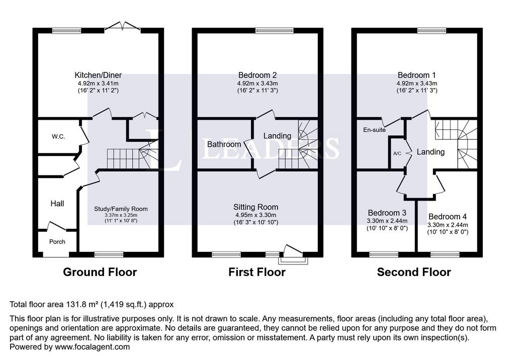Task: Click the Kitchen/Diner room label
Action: (x=98, y=75)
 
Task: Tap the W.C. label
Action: (x=58, y=137)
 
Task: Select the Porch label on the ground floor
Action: (x=57, y=242)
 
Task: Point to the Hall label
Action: (x=57, y=204)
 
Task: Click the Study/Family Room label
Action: (x=121, y=209)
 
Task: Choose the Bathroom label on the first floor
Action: (x=224, y=144)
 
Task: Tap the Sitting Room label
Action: (x=256, y=207)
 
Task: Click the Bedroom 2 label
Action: (x=257, y=75)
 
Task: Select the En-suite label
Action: (x=374, y=130)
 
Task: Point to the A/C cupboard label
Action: (x=397, y=153)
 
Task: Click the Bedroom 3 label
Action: (x=387, y=213)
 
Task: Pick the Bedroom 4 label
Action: (x=447, y=217)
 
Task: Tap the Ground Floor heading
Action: (x=100, y=273)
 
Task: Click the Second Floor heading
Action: (x=414, y=273)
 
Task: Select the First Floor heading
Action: (x=257, y=273)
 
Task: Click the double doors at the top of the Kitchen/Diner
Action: (x=123, y=26)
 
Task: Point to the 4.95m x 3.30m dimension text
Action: (x=256, y=215)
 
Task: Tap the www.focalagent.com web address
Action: (x=93, y=347)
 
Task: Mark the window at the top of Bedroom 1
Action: (x=432, y=31)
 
